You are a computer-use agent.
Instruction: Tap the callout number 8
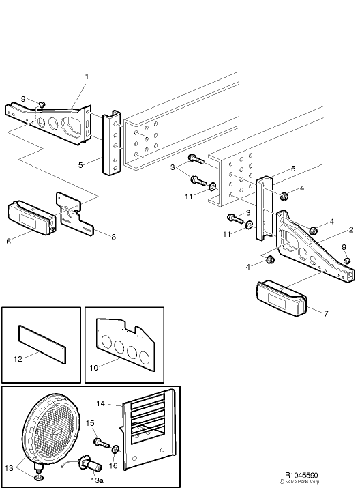[113, 237]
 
